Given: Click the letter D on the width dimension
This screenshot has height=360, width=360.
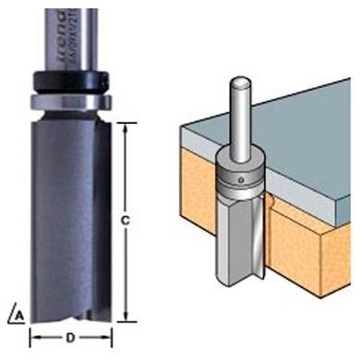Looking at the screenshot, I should [71, 336].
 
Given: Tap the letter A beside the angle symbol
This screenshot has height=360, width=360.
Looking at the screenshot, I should [18, 315].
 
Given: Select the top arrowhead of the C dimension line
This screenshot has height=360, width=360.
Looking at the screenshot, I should [125, 125].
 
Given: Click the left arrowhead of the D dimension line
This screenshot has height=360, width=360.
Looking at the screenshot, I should [34, 336].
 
